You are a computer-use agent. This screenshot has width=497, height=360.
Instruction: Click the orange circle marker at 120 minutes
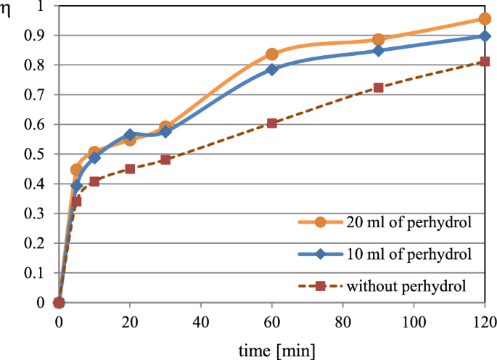coord(485,19)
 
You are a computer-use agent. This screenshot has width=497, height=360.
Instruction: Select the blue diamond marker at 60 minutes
coord(272,70)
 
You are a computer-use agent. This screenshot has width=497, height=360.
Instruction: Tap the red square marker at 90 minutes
coord(378,88)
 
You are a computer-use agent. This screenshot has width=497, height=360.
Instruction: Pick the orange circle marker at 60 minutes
coord(272,54)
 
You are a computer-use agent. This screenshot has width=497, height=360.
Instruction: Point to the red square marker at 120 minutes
coord(485,62)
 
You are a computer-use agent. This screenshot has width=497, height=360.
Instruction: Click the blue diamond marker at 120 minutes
coord(485,36)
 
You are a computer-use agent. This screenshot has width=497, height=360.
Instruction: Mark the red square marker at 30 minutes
coord(165,160)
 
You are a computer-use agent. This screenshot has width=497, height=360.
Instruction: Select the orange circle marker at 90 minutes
coord(378,40)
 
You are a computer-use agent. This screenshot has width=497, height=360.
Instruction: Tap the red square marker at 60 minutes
coord(272,123)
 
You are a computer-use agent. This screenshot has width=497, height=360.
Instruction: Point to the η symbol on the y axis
coord(8,12)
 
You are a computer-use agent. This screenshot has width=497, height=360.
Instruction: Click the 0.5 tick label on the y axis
coord(35,155)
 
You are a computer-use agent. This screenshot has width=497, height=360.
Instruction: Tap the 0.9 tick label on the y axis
coord(35,36)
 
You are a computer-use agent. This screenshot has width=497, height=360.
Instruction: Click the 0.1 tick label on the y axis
coord(35,274)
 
